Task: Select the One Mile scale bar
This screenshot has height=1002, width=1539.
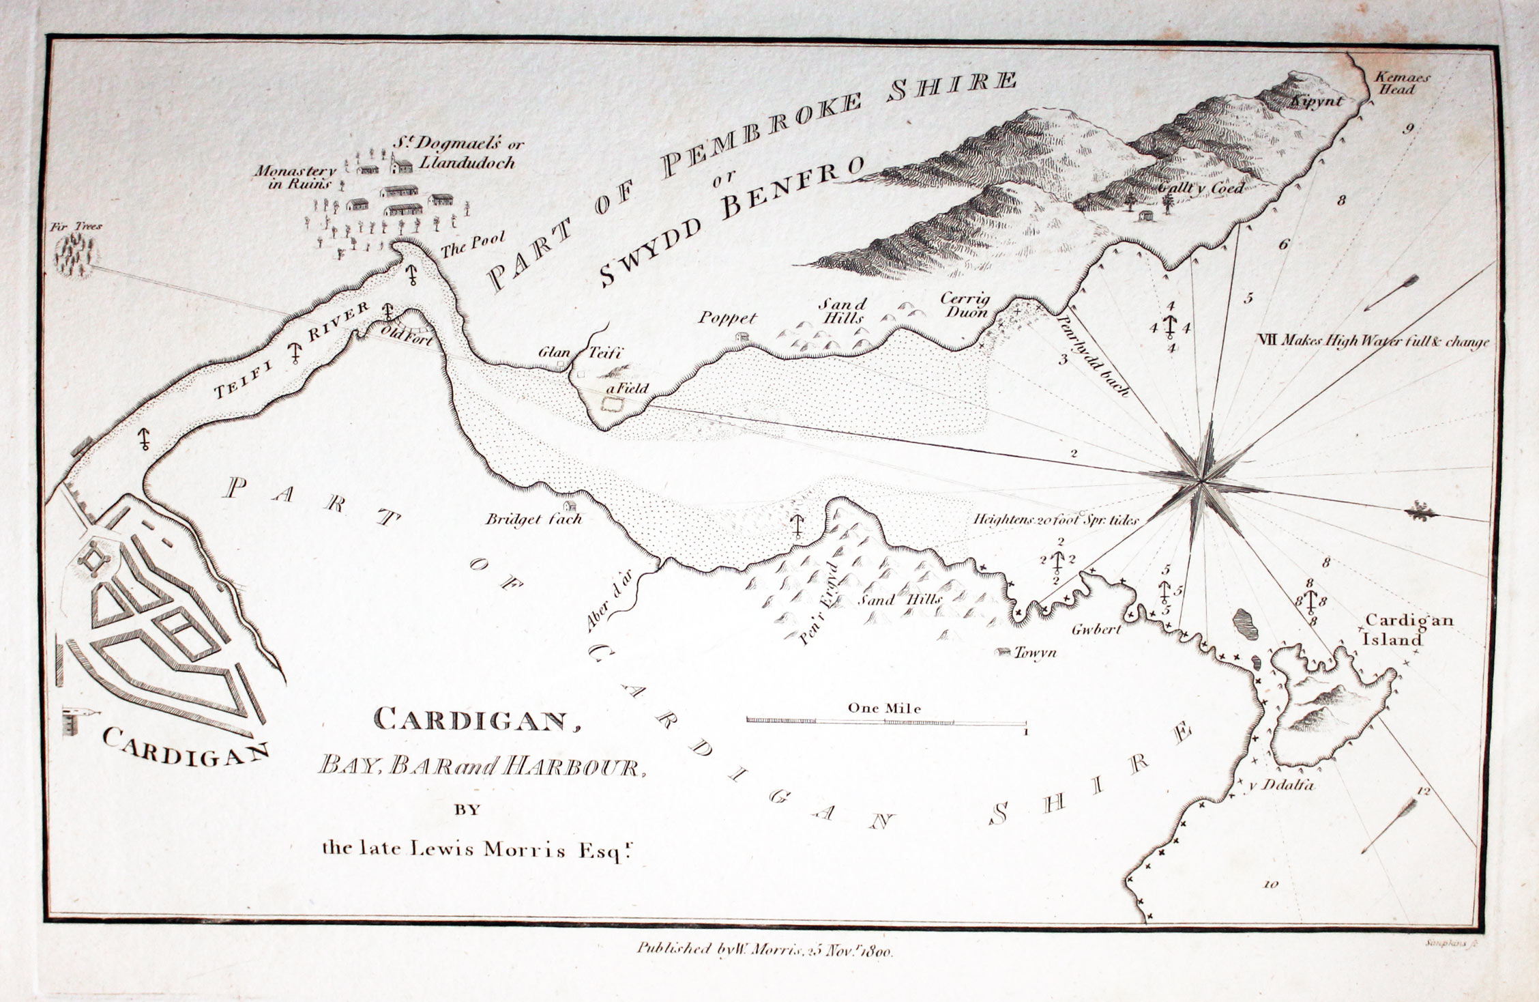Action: (885, 721)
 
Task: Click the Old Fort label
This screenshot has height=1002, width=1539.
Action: (407, 337)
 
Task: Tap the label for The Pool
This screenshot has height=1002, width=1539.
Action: (472, 245)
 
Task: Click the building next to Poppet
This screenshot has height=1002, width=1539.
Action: (740, 336)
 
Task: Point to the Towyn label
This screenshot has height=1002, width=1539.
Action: (1034, 653)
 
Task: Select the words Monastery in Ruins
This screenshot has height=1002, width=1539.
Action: (296, 177)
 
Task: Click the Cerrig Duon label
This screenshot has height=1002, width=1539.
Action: (964, 306)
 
